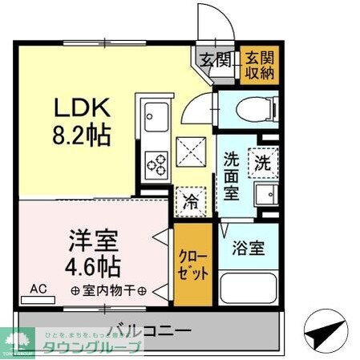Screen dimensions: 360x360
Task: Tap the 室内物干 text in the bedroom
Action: pos(107,290)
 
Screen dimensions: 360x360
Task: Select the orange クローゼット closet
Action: pos(193,265)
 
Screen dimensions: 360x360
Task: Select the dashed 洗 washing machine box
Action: pos(262,162)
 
